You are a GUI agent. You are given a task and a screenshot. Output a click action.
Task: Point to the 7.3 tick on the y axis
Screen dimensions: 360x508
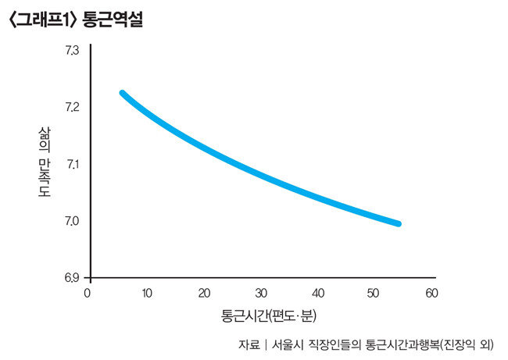72,51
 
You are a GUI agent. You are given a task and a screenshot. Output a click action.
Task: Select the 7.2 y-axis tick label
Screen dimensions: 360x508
72,107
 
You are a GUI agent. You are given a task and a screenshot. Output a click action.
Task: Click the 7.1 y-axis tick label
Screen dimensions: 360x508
72,165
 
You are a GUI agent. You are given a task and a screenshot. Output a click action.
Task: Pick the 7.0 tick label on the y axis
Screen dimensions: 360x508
72,222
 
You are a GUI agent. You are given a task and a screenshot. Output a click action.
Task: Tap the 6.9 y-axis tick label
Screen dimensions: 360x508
72,278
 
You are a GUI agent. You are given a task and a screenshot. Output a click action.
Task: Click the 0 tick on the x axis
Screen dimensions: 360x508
88,293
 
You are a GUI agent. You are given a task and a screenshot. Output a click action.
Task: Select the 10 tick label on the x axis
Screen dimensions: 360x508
146,293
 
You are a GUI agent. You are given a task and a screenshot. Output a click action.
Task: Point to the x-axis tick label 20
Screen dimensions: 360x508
203,293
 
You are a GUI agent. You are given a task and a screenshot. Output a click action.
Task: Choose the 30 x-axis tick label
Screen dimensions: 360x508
260,293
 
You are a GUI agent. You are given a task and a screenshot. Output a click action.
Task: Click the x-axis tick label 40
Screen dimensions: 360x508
317,293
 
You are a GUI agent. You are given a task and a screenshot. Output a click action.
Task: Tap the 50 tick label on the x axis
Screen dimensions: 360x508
374,293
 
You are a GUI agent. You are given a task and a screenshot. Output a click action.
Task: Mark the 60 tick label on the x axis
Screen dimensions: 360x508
431,293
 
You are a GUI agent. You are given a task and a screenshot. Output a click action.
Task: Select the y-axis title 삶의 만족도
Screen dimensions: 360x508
44,163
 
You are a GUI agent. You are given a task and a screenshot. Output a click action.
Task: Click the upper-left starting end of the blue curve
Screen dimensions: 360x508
122,93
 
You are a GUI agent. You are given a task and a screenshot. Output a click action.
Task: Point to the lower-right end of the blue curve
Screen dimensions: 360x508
399,224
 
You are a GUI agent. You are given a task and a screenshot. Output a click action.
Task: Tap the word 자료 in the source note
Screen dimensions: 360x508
249,344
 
